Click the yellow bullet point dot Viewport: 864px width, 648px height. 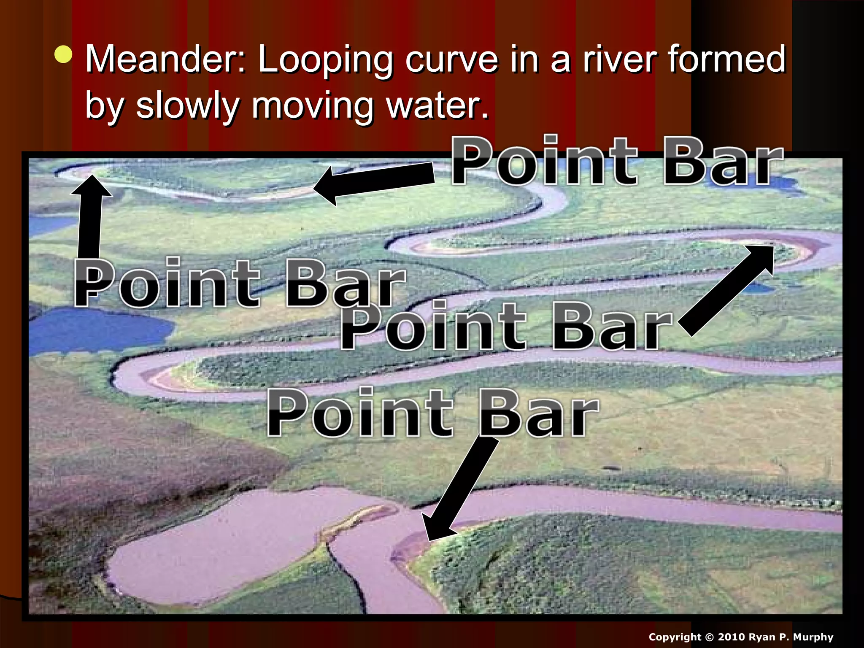click(x=63, y=54)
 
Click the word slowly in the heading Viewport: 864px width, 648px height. click(x=187, y=106)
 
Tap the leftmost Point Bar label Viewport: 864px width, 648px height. click(x=239, y=283)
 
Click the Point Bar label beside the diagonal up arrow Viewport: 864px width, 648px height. click(x=506, y=327)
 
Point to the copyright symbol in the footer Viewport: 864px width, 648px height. click(x=708, y=637)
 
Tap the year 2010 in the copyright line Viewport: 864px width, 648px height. click(x=732, y=637)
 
